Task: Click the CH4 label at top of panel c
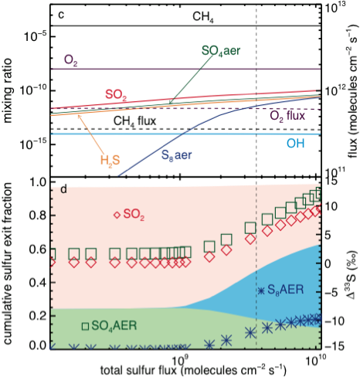point(203,17)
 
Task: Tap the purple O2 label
point(71,60)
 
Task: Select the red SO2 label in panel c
point(116,95)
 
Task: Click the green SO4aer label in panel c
point(221,51)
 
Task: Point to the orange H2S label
point(110,161)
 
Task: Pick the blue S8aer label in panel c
point(176,155)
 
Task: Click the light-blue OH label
point(296,143)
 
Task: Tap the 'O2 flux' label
point(287,116)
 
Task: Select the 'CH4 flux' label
point(135,121)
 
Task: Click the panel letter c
point(61,15)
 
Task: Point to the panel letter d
point(63,189)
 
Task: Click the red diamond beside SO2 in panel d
point(117,215)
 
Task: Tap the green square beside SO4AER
point(85,326)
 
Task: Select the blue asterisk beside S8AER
point(261,291)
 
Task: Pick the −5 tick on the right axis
point(334,293)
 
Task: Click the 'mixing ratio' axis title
point(8,90)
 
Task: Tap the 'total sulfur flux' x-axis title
point(193,370)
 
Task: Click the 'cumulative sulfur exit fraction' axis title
point(8,263)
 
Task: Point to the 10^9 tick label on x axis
point(179,357)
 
